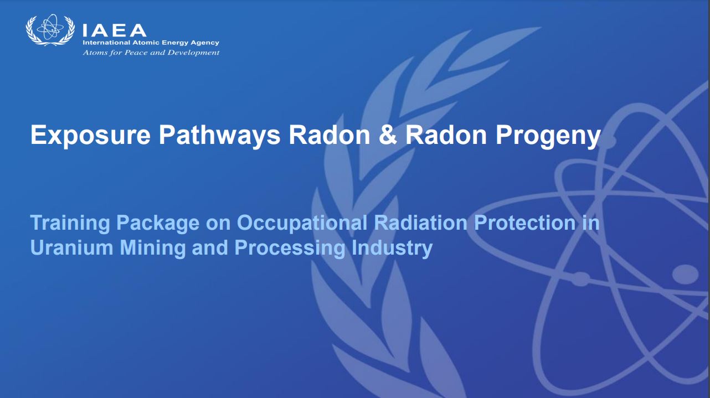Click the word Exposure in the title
[x=90, y=135]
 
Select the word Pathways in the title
[x=220, y=135]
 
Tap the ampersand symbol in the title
[x=388, y=135]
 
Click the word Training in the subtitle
[x=70, y=223]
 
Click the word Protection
[x=525, y=223]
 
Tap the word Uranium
[x=71, y=247]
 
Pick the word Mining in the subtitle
[x=152, y=248]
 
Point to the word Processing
[x=290, y=248]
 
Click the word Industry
[x=392, y=248]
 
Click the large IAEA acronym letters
[x=115, y=30]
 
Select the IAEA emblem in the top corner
[x=50, y=30]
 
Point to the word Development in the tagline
[x=193, y=53]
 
